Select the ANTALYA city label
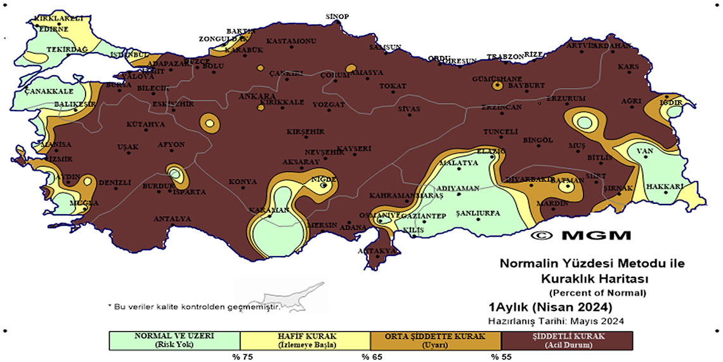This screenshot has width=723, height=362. (172, 219)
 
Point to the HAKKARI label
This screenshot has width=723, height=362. (665, 187)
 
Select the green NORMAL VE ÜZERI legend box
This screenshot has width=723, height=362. (174, 340)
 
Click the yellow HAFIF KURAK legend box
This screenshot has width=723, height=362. (305, 340)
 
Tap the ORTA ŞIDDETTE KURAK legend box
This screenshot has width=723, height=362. (435, 340)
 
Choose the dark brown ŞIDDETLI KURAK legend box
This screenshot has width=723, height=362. (566, 340)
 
